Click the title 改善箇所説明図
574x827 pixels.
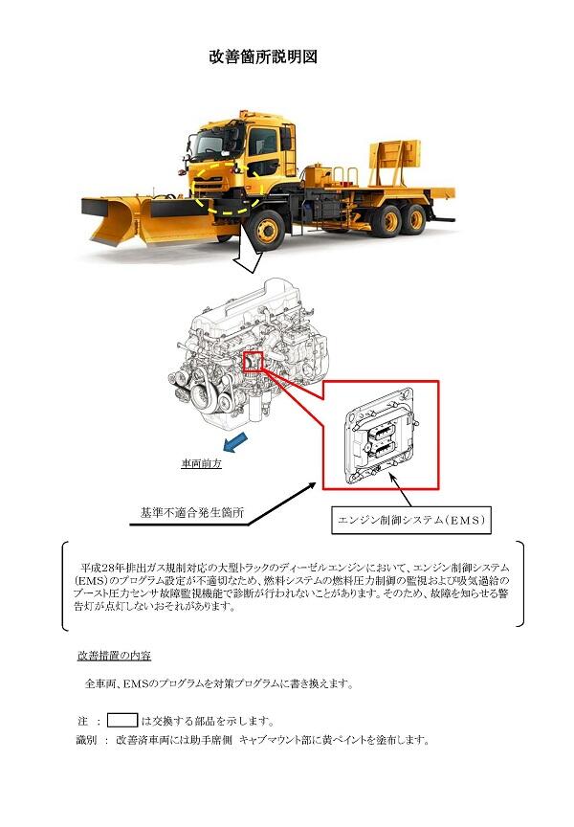point(263,56)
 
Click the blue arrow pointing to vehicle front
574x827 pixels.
point(234,442)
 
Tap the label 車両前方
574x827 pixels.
point(201,463)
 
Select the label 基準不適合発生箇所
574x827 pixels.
point(192,512)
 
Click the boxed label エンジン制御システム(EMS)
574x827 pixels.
point(411,520)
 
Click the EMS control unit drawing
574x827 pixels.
point(381,436)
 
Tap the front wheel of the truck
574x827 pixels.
point(268,231)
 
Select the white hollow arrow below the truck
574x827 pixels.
point(249,256)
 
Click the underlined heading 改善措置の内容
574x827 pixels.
point(115,656)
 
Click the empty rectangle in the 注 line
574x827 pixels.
point(122,720)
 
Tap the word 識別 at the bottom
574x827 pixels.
point(86,740)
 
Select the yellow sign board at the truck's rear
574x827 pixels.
point(395,154)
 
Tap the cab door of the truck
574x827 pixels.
point(263,153)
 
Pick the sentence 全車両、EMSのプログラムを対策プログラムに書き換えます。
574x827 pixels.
point(219,684)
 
